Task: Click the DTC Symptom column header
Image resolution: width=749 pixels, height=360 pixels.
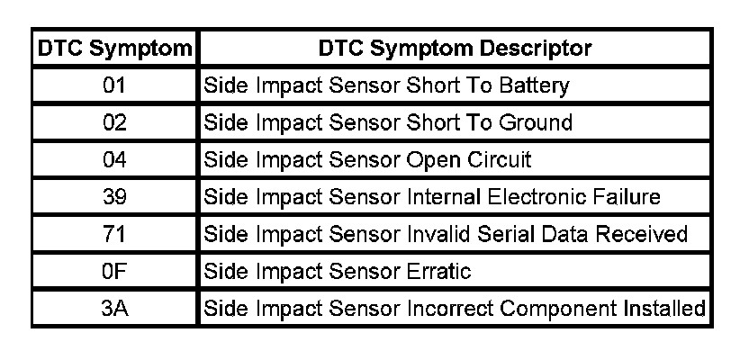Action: [114, 49]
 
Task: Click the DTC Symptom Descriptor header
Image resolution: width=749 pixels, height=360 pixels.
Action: [455, 49]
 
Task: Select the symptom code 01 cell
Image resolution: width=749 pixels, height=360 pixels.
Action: [114, 85]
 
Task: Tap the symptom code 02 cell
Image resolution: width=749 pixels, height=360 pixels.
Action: [114, 122]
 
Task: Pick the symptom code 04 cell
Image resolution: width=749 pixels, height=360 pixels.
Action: [114, 159]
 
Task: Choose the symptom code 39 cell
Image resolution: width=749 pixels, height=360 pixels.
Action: [114, 197]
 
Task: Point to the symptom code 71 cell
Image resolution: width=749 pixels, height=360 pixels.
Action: [113, 234]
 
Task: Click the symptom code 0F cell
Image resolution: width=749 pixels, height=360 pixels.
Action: [113, 271]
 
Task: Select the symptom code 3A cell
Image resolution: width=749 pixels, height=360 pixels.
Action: [114, 309]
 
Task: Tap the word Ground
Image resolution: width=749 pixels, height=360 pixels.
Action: [536, 122]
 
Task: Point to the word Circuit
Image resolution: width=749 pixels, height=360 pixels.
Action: [499, 159]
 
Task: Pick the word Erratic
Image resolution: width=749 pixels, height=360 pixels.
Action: [438, 271]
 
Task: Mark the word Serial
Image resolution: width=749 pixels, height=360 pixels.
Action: [509, 234]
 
